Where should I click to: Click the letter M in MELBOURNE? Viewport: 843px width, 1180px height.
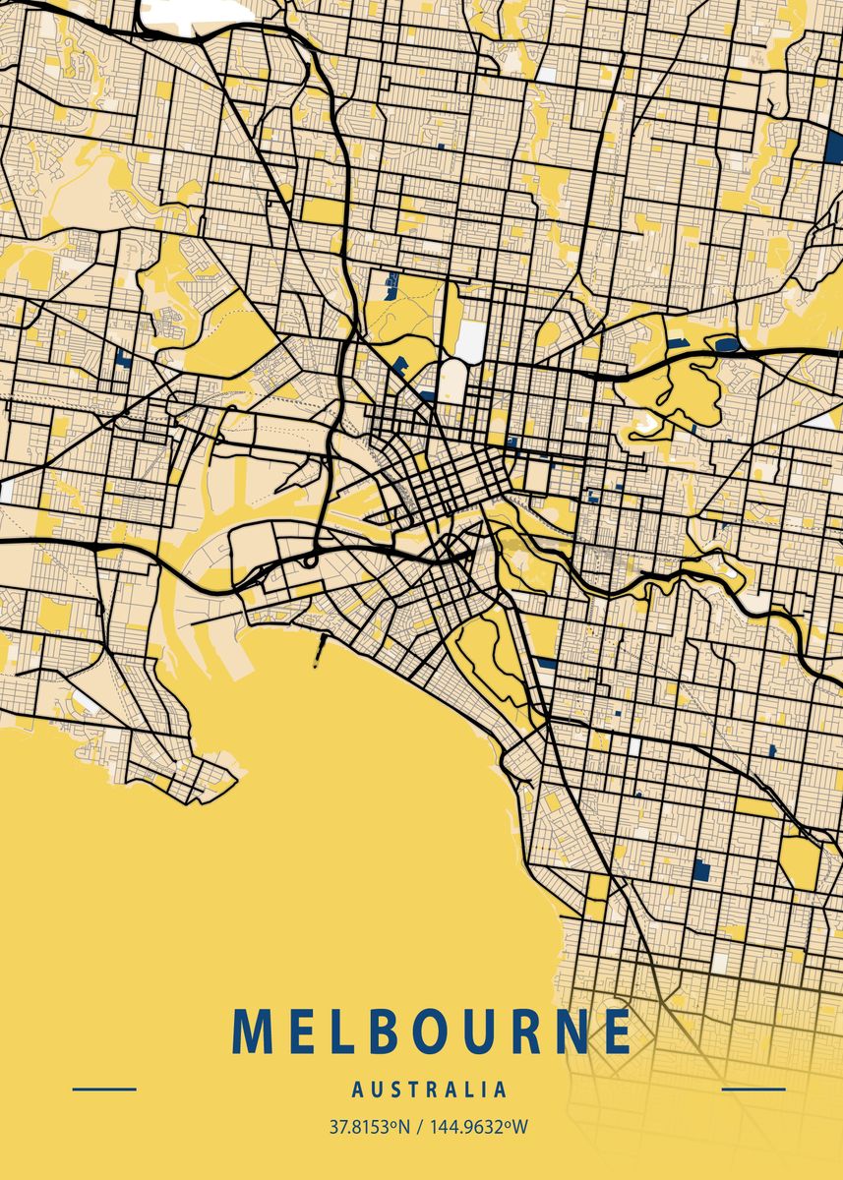253,1032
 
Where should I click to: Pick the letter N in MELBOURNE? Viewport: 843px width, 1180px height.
568,1032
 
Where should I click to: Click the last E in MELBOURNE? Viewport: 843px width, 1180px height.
616,1032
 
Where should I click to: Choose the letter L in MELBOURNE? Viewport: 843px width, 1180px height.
339,1032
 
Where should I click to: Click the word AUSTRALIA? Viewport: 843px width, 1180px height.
430,1090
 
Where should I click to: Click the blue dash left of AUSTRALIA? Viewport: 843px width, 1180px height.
104,1089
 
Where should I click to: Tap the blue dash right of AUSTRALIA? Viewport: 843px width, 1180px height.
753,1089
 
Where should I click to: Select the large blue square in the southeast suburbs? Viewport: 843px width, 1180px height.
701,869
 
